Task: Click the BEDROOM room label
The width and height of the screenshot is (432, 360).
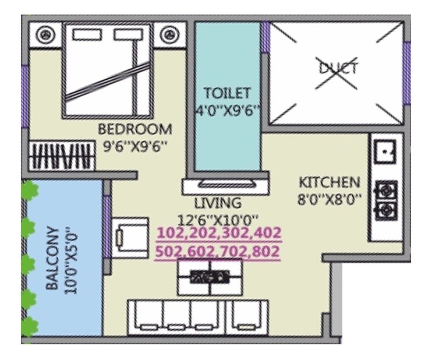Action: (x=134, y=128)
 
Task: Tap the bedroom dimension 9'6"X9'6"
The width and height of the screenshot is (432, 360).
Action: (x=135, y=147)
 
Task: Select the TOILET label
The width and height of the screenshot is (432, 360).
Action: (x=226, y=93)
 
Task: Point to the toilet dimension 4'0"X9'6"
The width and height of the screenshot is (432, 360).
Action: (x=227, y=110)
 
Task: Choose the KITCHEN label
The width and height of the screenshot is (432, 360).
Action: (x=329, y=181)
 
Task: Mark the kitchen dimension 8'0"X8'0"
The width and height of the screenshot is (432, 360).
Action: (x=329, y=199)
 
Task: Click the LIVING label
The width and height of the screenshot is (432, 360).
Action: (x=218, y=203)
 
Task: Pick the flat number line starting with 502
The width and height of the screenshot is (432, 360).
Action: (x=219, y=252)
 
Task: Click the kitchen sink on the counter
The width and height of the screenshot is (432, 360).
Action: (x=385, y=153)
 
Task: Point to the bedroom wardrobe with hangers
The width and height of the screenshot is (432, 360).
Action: (x=61, y=157)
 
